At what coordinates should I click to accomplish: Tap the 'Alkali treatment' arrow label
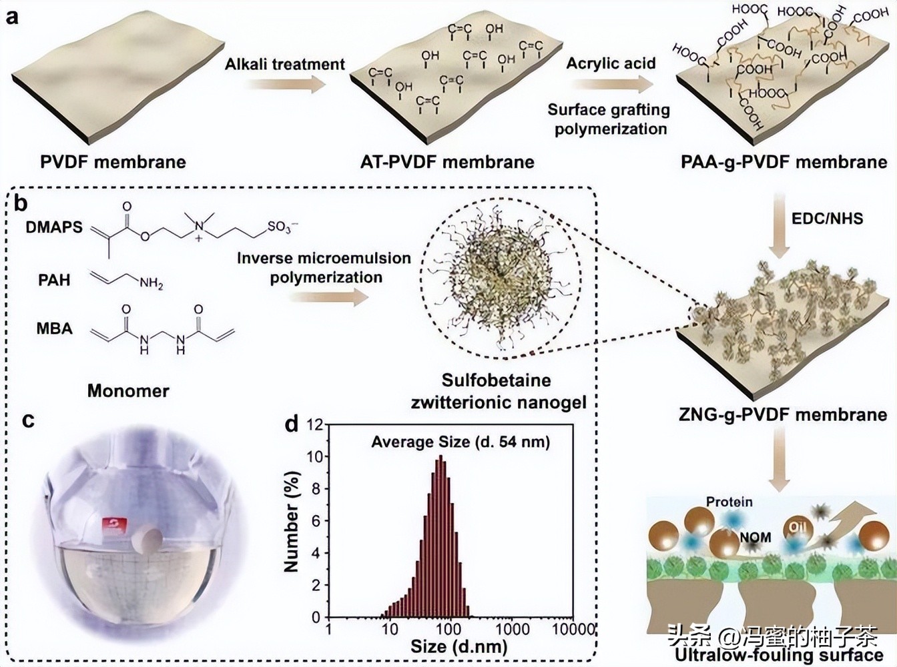[x=285, y=64]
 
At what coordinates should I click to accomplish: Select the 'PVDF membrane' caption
[x=113, y=162]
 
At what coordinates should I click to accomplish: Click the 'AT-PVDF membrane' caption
[x=447, y=162]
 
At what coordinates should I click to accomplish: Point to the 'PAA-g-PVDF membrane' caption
[x=784, y=162]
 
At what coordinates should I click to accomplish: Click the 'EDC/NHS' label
[x=827, y=218]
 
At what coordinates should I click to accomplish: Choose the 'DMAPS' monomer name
[x=54, y=227]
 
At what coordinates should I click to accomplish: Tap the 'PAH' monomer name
[x=54, y=279]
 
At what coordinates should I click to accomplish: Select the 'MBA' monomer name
[x=54, y=328]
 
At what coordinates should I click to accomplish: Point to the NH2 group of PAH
[x=151, y=283]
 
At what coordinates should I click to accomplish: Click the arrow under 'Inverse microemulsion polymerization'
[x=328, y=298]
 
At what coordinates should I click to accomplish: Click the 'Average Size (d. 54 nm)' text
[x=460, y=442]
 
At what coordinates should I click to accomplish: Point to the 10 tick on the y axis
[x=314, y=457]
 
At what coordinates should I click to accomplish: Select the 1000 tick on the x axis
[x=512, y=629]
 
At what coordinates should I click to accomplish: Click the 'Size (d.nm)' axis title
[x=459, y=646]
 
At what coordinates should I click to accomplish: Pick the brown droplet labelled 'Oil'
[x=798, y=528]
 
